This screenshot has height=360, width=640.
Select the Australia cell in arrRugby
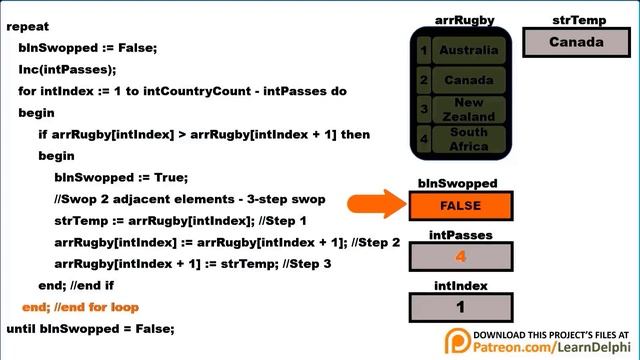pyautogui.click(x=468, y=50)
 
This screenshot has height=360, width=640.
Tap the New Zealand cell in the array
pyautogui.click(x=468, y=109)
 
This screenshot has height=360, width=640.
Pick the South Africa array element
pyautogui.click(x=468, y=139)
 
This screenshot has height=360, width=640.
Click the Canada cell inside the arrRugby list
pyautogui.click(x=468, y=80)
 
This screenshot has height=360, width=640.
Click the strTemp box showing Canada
pyautogui.click(x=576, y=43)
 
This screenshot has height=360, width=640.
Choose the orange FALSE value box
pyautogui.click(x=460, y=206)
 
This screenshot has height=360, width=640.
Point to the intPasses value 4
pyautogui.click(x=460, y=256)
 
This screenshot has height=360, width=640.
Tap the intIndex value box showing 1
pyautogui.click(x=460, y=307)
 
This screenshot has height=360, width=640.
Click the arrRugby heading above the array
pyautogui.click(x=464, y=20)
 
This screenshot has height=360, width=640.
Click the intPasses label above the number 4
pyautogui.click(x=460, y=235)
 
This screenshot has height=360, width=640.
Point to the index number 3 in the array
pyautogui.click(x=424, y=109)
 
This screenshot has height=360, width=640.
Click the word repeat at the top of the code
pyautogui.click(x=28, y=27)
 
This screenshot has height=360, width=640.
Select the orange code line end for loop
pyautogui.click(x=80, y=307)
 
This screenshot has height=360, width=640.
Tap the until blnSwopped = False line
pyautogui.click(x=90, y=328)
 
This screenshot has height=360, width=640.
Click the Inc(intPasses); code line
pyautogui.click(x=67, y=69)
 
